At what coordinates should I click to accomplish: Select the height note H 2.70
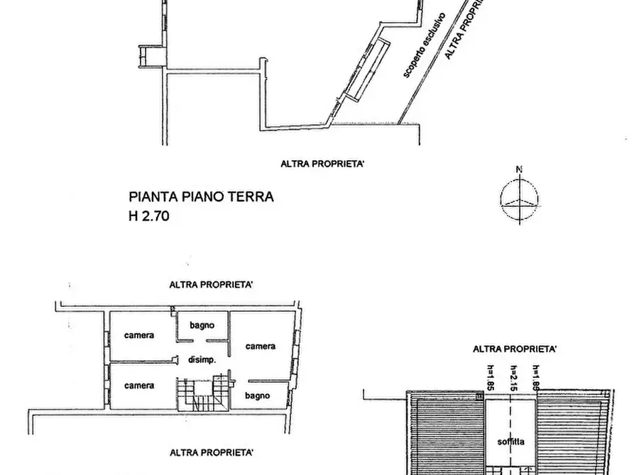pyautogui.click(x=150, y=214)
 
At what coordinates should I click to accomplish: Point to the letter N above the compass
pyautogui.click(x=519, y=169)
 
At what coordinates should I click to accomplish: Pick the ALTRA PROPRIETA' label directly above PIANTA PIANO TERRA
pyautogui.click(x=324, y=164)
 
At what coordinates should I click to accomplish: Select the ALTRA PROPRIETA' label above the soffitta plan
pyautogui.click(x=515, y=349)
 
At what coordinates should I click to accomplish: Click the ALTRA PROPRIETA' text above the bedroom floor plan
pyautogui.click(x=211, y=285)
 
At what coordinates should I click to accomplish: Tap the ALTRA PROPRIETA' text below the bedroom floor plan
pyautogui.click(x=211, y=452)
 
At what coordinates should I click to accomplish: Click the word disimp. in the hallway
pyautogui.click(x=202, y=360)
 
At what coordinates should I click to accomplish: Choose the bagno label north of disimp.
pyautogui.click(x=202, y=325)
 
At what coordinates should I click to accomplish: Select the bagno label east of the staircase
pyautogui.click(x=256, y=395)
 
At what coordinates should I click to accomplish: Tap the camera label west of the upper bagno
pyautogui.click(x=139, y=335)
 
